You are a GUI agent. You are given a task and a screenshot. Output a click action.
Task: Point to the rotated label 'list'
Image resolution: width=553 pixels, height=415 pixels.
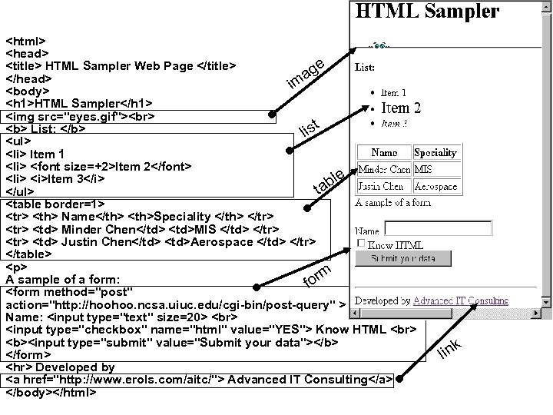(309, 127)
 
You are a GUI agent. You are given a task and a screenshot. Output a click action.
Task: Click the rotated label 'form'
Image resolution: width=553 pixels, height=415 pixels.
(316, 274)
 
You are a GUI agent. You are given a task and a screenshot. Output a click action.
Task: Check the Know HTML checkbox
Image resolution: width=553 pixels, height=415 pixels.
(362, 244)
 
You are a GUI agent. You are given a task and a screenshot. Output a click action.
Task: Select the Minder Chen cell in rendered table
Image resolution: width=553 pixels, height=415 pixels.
(384, 169)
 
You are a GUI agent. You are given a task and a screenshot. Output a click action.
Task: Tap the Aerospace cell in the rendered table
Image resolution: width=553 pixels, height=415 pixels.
(435, 186)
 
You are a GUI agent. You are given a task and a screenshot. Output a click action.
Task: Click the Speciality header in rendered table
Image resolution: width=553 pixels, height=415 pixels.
(435, 152)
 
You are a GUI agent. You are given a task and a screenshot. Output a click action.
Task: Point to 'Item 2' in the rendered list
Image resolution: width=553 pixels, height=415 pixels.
(401, 108)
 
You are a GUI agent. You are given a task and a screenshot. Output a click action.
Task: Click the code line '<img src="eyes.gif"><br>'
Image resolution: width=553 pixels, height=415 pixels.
(82, 117)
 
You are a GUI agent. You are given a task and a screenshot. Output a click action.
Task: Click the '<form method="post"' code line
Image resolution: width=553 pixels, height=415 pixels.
(70, 292)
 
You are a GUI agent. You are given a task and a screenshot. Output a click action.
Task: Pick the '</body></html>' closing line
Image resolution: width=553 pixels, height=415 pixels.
(51, 392)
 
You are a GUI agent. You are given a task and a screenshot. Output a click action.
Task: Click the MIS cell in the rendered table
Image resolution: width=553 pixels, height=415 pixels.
(423, 169)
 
